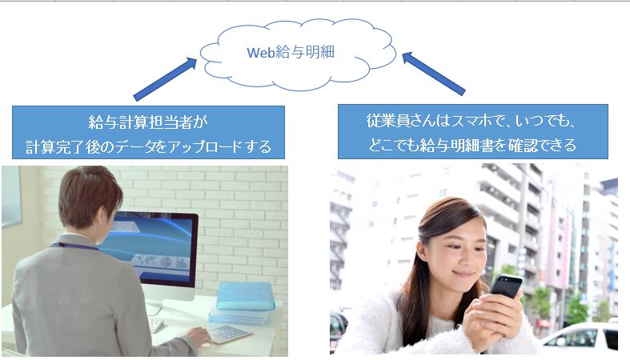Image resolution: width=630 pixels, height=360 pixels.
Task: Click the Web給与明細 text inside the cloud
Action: point(291,52)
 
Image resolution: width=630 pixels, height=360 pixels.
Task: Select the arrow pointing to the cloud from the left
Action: point(165,79)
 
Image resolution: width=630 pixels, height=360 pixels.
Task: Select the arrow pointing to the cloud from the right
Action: point(434,74)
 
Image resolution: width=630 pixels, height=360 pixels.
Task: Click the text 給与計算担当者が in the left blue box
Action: point(148,122)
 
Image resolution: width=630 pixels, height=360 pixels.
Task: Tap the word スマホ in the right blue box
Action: point(473,121)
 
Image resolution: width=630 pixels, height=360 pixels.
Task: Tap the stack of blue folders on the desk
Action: point(242,303)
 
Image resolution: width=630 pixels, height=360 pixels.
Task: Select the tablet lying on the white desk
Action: point(227,334)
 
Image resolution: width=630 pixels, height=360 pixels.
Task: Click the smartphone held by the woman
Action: point(506,286)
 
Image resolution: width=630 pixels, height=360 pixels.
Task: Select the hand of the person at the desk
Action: point(198,336)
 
